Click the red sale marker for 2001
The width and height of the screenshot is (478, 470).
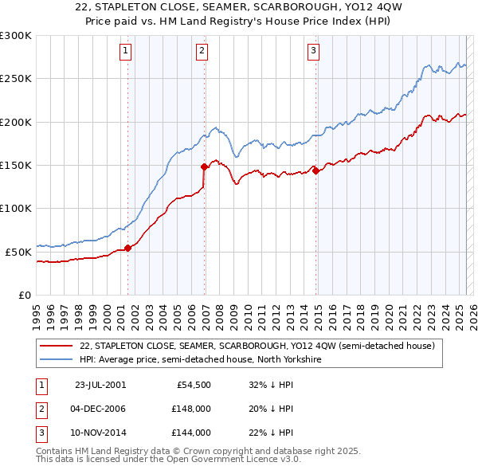point(128,249)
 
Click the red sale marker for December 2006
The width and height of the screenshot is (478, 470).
point(204,166)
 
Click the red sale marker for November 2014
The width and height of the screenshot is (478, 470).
point(315,170)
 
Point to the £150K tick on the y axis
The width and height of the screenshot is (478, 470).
point(16,165)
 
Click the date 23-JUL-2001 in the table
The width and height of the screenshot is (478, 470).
point(100,384)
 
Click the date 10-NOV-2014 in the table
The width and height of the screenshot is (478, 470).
point(100,433)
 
